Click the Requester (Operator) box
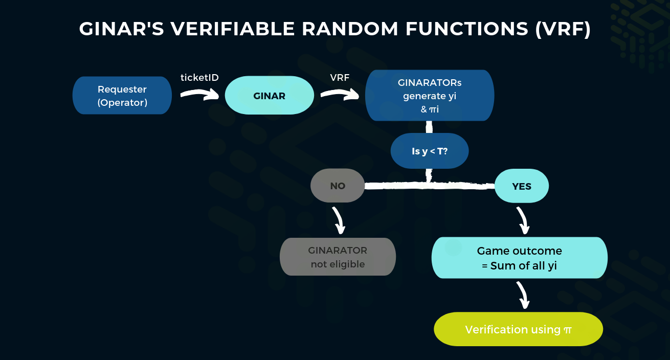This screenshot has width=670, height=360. click(122, 96)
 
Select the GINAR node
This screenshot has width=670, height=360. click(269, 96)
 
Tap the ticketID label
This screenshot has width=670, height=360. click(199, 78)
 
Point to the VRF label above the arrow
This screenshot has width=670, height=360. click(340, 78)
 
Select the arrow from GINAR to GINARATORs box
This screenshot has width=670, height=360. click(340, 94)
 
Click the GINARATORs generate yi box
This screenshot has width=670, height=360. click(430, 96)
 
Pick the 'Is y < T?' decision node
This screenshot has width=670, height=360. click(430, 151)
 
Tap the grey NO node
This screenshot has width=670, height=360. click(338, 186)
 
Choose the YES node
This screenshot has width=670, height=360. click(522, 186)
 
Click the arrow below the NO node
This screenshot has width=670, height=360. click(339, 220)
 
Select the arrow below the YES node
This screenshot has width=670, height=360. click(523, 220)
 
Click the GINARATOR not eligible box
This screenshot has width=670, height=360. click(338, 257)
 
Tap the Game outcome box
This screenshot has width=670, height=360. click(519, 258)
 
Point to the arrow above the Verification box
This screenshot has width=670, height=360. click(523, 296)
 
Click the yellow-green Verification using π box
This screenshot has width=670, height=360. click(518, 330)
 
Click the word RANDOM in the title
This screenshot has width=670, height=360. click(350, 29)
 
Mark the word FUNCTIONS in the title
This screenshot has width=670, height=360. click(467, 29)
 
